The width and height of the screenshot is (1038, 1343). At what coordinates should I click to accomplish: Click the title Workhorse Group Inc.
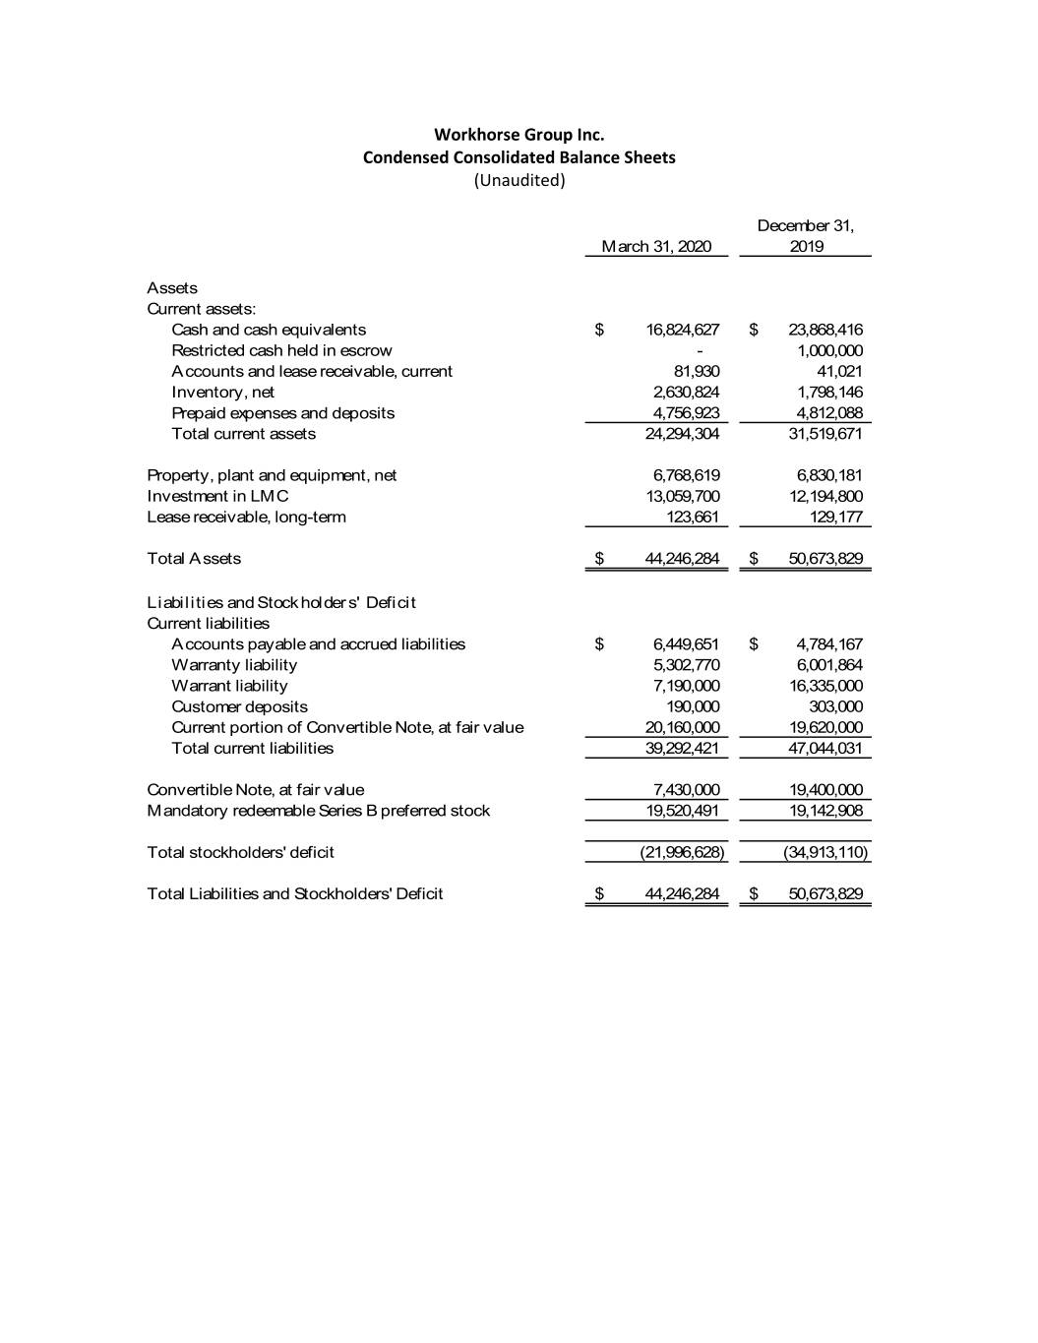pyautogui.click(x=519, y=135)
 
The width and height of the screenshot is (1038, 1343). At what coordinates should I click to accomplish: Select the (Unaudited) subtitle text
pyautogui.click(x=519, y=181)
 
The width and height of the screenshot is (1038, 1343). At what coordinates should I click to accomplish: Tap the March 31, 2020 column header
pyautogui.click(x=656, y=247)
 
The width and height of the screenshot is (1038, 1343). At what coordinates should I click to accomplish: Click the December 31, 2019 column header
pyautogui.click(x=806, y=236)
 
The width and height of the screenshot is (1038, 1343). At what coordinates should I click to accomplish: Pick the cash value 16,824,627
pyautogui.click(x=682, y=331)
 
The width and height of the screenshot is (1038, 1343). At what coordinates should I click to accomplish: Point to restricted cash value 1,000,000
pyautogui.click(x=829, y=351)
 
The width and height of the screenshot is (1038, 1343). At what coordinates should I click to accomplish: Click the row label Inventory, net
pyautogui.click(x=222, y=393)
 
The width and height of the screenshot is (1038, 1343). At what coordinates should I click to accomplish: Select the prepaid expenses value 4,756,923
pyautogui.click(x=686, y=413)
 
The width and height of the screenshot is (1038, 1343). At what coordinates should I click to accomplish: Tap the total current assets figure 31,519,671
pyautogui.click(x=825, y=434)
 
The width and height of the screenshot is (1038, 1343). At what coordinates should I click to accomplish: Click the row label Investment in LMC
pyautogui.click(x=217, y=497)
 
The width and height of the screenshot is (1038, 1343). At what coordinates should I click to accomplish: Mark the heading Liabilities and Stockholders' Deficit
pyautogui.click(x=281, y=602)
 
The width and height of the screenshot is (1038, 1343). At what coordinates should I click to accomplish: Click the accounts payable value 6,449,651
pyautogui.click(x=686, y=644)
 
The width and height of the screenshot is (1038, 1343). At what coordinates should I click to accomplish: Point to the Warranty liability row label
pyautogui.click(x=234, y=665)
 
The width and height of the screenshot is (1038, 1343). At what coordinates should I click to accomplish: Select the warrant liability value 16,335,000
pyautogui.click(x=825, y=686)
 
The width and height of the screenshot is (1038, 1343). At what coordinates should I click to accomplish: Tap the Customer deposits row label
pyautogui.click(x=239, y=707)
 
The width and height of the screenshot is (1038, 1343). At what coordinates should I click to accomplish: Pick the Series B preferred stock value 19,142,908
pyautogui.click(x=825, y=811)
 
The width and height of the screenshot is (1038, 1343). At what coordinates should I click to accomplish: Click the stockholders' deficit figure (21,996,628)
pyautogui.click(x=682, y=853)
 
